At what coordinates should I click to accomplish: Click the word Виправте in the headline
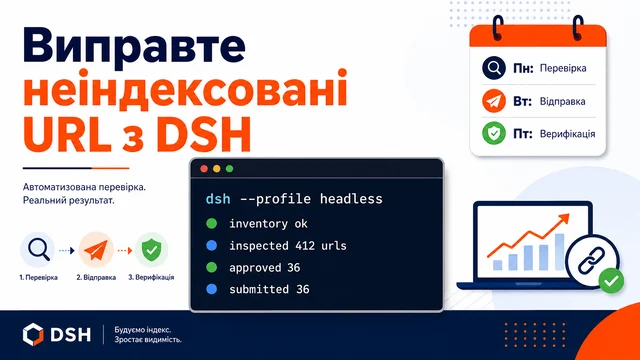tap(134, 47)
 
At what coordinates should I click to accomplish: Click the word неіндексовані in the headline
tap(185, 88)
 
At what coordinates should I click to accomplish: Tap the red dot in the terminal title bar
tap(204, 169)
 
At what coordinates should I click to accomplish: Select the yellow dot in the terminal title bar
tap(217, 169)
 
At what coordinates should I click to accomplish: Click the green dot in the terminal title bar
tap(229, 169)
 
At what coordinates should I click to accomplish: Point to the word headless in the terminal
tap(351, 199)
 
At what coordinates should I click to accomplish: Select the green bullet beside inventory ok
tap(211, 223)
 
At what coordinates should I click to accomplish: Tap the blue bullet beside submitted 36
tap(211, 289)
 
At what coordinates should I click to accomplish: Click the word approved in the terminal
tap(255, 268)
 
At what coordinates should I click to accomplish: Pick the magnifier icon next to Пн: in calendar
tap(494, 68)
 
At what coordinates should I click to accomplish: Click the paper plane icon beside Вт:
tap(494, 101)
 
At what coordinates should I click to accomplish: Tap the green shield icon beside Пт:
tap(494, 133)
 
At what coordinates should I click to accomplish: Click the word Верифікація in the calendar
tap(567, 134)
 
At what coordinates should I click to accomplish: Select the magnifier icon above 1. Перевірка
tap(38, 249)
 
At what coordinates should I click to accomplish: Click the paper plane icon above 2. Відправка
tap(96, 249)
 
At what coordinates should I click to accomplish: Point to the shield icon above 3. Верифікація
tap(151, 249)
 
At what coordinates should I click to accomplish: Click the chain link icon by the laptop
tap(592, 260)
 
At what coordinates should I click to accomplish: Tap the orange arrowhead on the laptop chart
tap(564, 219)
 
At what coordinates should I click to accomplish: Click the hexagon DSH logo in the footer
tap(33, 334)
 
